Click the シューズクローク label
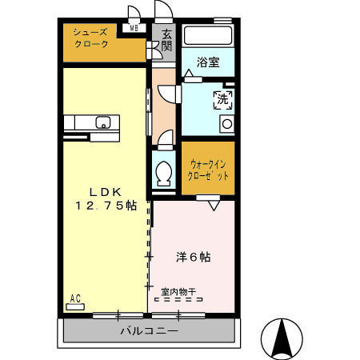tap(90, 38)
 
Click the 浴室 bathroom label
tap(209, 62)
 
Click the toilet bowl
tap(165, 172)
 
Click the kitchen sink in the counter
tap(102, 123)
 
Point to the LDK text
tap(104, 191)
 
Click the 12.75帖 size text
tap(106, 206)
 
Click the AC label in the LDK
tap(75, 299)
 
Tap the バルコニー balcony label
tap(150, 330)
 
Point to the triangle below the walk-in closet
tap(214, 206)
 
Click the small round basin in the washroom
tap(226, 124)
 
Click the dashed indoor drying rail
tap(180, 300)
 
